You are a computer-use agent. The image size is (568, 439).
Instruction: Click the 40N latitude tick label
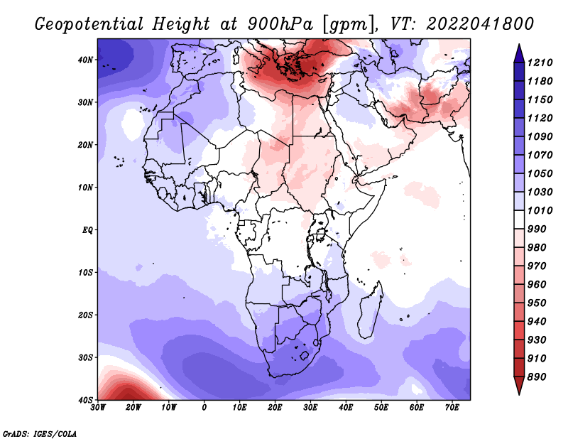click(84, 60)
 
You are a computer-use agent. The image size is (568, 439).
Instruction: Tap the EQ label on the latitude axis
click(87, 230)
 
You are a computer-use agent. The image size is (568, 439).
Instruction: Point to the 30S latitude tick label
click(84, 357)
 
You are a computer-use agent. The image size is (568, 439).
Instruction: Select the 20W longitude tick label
click(133, 408)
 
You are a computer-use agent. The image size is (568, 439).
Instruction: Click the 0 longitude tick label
click(204, 408)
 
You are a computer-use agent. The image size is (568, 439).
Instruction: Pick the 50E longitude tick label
click(381, 408)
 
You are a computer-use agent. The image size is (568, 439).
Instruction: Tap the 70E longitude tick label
click(452, 408)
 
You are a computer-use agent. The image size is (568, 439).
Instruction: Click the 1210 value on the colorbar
click(540, 63)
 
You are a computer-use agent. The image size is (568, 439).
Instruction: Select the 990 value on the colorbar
click(537, 229)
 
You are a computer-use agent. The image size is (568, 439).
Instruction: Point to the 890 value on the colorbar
click(537, 377)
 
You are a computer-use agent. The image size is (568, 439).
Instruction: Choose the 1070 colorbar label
click(540, 155)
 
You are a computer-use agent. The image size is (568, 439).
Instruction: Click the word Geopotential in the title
click(89, 25)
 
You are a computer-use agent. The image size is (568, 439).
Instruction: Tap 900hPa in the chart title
click(280, 25)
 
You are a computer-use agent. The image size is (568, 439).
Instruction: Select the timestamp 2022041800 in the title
click(480, 24)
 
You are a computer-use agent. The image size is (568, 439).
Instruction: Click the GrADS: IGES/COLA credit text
click(40, 434)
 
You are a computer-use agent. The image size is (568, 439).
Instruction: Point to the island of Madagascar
click(370, 310)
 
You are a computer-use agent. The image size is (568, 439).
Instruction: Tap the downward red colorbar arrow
click(519, 385)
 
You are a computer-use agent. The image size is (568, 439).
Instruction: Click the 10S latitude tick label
click(84, 272)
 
